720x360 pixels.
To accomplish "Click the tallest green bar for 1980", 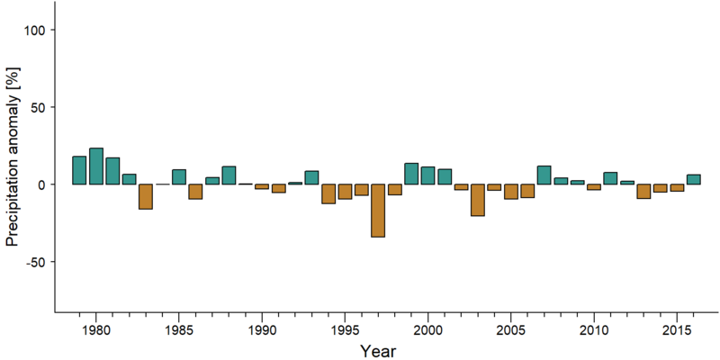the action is pyautogui.click(x=96, y=166).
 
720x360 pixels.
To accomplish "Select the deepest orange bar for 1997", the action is pyautogui.click(x=378, y=211).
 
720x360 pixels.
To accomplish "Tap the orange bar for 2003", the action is pyautogui.click(x=478, y=200).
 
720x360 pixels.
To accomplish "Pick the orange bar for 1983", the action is pyautogui.click(x=146, y=196).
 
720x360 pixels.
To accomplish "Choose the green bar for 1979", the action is pyautogui.click(x=79, y=170).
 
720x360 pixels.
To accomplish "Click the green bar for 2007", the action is pyautogui.click(x=544, y=175).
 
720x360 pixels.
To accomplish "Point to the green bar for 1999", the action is pyautogui.click(x=411, y=174).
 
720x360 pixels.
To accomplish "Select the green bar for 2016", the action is pyautogui.click(x=693, y=179).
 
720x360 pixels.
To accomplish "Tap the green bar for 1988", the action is pyautogui.click(x=229, y=175).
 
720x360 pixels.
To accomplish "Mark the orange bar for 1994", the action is pyautogui.click(x=328, y=193).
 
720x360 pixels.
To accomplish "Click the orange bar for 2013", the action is pyautogui.click(x=643, y=192).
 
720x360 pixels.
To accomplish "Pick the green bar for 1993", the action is pyautogui.click(x=311, y=177).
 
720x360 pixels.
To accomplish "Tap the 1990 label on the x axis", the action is pyautogui.click(x=262, y=331).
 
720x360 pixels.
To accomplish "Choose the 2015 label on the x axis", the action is pyautogui.click(x=677, y=331).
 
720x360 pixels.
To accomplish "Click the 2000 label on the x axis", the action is pyautogui.click(x=428, y=331).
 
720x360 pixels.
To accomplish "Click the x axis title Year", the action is pyautogui.click(x=377, y=351).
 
